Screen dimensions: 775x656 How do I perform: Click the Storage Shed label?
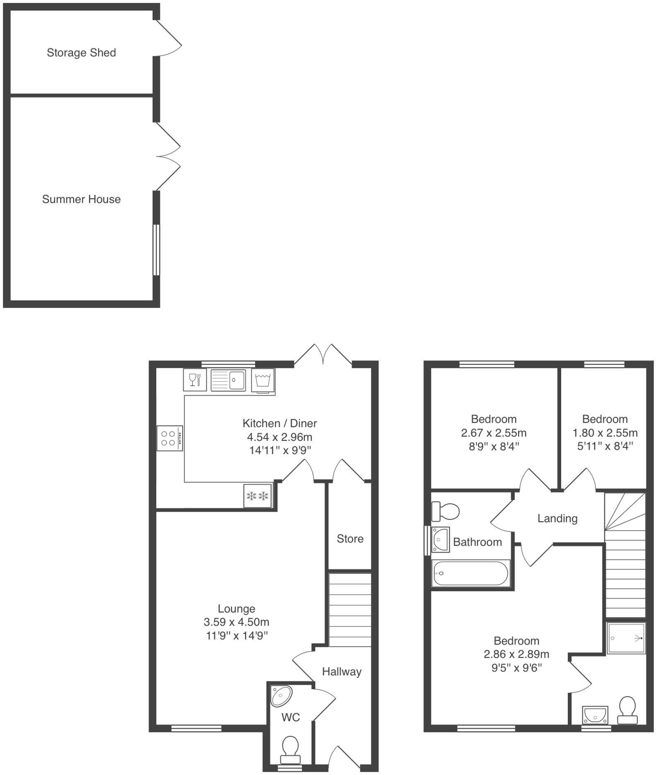tap(81, 53)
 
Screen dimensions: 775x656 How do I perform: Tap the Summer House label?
tap(81, 199)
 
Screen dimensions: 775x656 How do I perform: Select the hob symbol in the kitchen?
tap(169, 438)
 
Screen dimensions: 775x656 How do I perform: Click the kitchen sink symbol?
tap(228, 380)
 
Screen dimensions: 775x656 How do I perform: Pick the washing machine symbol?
tap(263, 380)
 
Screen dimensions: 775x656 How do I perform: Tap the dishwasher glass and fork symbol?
tap(195, 380)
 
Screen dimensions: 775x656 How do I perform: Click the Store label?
tap(350, 539)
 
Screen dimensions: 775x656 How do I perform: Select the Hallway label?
tap(342, 672)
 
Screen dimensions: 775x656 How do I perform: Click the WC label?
tap(290, 717)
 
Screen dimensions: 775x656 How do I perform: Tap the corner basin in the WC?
tap(282, 696)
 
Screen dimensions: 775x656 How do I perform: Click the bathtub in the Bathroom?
tap(470, 573)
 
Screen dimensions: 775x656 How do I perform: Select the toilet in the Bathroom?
tap(446, 511)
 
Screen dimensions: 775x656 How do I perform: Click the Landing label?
tap(557, 518)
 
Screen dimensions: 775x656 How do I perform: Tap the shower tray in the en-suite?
tap(626, 638)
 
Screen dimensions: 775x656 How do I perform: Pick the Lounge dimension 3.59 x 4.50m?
tap(236, 622)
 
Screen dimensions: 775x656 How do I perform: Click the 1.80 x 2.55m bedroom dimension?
tap(605, 433)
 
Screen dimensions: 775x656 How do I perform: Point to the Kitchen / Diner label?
tap(280, 423)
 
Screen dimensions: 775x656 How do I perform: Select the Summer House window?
tap(156, 250)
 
